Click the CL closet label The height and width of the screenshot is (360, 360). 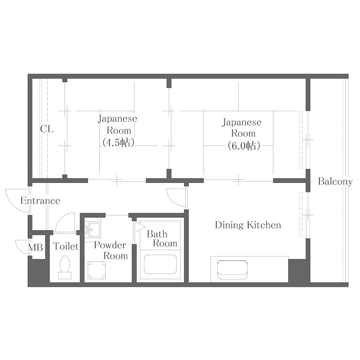click(47, 129)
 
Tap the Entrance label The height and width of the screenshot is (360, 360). click(40, 201)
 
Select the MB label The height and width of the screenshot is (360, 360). click(36, 247)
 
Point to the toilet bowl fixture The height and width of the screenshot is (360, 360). click(64, 267)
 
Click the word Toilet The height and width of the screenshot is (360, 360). click(66, 246)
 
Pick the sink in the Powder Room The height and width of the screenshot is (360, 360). click(93, 229)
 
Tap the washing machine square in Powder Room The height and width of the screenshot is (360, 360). click(97, 270)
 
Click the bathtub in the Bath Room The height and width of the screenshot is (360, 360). click(160, 264)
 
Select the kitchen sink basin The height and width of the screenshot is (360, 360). click(232, 270)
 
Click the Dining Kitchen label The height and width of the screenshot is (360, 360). click(248, 225)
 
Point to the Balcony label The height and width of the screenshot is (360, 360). click(335, 182)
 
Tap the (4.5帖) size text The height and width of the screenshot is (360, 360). click(118, 143)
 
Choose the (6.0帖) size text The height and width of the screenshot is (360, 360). click(244, 145)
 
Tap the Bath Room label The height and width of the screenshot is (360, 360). click(162, 238)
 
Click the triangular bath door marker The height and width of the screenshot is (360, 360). click(139, 227)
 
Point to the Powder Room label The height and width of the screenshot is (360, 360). click(111, 250)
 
